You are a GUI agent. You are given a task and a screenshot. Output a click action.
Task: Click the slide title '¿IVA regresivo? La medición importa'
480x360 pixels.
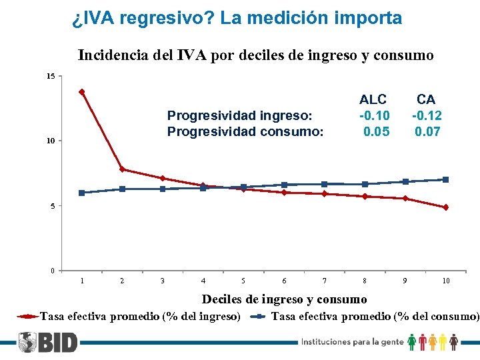[237, 18]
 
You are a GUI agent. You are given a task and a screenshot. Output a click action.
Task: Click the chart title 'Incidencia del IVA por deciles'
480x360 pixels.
[255, 55]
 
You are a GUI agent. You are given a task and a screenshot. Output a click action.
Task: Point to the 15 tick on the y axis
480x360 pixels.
[51, 77]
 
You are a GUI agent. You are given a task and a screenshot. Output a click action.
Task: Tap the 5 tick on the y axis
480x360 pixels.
[53, 206]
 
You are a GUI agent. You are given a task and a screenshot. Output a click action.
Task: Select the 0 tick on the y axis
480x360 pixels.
[53, 271]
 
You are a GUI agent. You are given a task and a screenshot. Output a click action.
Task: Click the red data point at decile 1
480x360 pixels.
[81, 92]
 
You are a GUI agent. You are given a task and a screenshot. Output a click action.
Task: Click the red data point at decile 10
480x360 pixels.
[445, 207]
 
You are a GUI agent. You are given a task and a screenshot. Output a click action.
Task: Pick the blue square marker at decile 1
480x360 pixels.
[81, 193]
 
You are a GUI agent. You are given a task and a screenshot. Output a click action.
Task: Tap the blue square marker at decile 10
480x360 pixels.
[445, 179]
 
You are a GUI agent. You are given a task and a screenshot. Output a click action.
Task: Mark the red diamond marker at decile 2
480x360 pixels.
[122, 169]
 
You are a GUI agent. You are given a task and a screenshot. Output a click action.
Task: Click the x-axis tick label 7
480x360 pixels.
[325, 281]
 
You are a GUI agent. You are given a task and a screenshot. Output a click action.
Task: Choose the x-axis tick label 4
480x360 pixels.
[203, 281]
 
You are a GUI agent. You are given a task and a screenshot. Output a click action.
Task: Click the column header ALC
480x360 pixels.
[373, 99]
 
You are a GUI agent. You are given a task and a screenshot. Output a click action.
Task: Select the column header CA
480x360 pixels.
[427, 99]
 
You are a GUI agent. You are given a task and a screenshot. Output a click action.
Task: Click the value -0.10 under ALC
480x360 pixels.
[374, 115]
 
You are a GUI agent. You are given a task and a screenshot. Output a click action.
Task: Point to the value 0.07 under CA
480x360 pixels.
[427, 131]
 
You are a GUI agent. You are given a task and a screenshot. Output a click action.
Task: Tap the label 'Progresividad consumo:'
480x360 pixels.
[245, 131]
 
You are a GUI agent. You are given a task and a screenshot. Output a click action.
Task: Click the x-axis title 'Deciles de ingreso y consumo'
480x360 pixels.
[284, 299]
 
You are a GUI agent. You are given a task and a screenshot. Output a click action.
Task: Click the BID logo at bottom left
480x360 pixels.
[47, 343]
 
